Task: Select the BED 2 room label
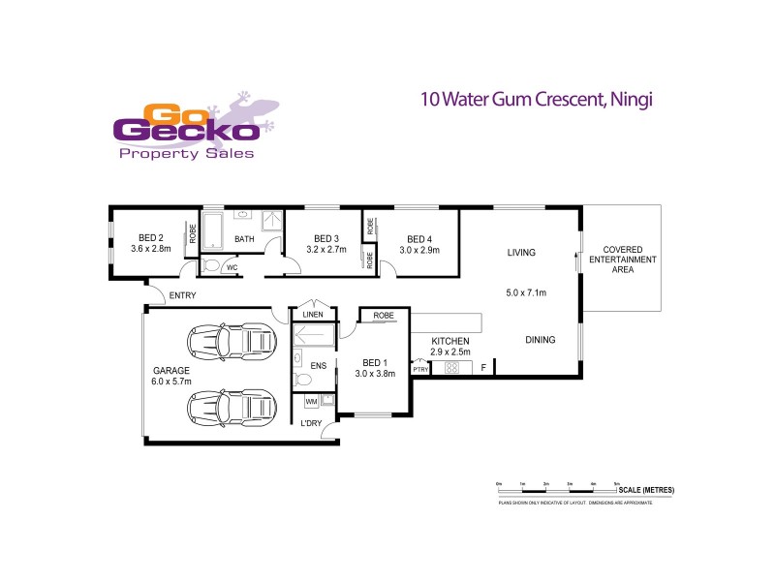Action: (150, 238)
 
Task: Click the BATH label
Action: (244, 239)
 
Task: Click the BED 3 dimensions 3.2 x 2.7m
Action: (325, 250)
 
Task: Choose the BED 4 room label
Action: (418, 239)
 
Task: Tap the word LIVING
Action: (521, 254)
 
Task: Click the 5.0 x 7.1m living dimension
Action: (526, 292)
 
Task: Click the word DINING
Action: (540, 340)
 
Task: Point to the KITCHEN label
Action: (450, 342)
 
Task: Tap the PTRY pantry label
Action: (420, 369)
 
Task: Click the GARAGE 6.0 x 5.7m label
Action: (172, 376)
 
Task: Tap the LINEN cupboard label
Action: (312, 315)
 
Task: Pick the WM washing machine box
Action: (311, 401)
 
